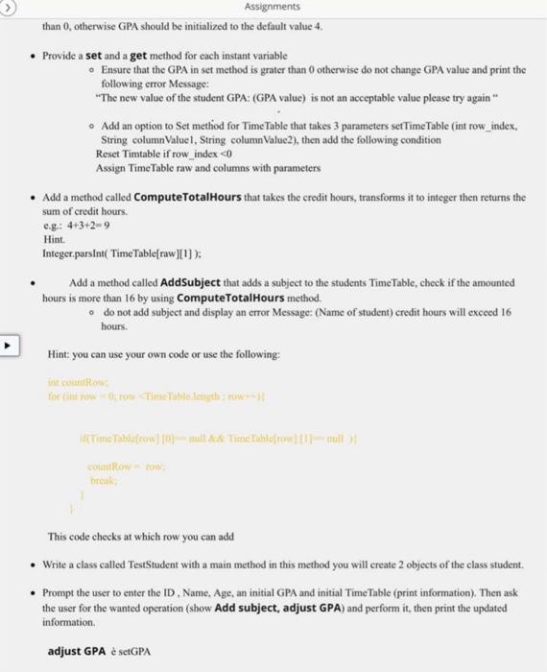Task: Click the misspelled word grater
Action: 242,70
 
